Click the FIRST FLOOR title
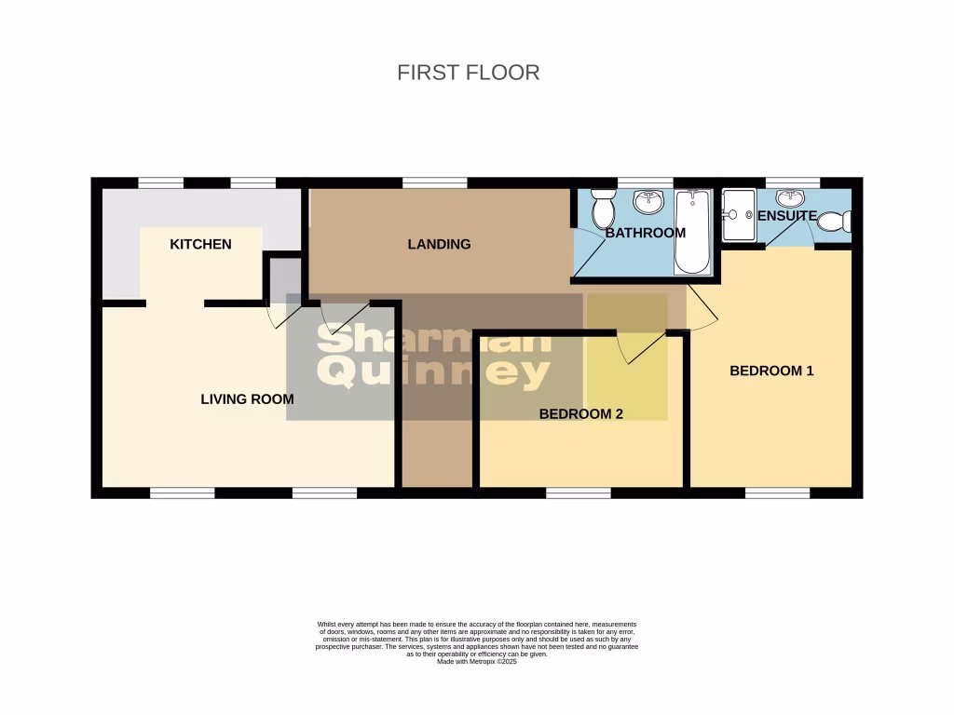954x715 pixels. click(x=468, y=73)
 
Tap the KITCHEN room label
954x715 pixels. click(x=200, y=244)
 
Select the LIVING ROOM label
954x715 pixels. click(x=247, y=399)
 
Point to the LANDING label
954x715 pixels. click(x=439, y=244)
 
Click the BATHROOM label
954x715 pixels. click(x=645, y=233)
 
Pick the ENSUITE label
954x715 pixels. click(x=786, y=216)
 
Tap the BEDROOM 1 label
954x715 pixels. click(x=771, y=371)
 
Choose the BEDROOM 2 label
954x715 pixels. click(x=580, y=414)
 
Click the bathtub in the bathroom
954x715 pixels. click(x=692, y=231)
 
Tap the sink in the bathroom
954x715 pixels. click(x=647, y=201)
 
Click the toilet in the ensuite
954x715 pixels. click(x=841, y=222)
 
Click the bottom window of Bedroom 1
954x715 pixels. click(x=777, y=492)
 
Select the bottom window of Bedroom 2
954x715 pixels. click(x=579, y=492)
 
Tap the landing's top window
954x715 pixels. click(x=434, y=182)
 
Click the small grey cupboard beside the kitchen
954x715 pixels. click(x=285, y=277)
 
